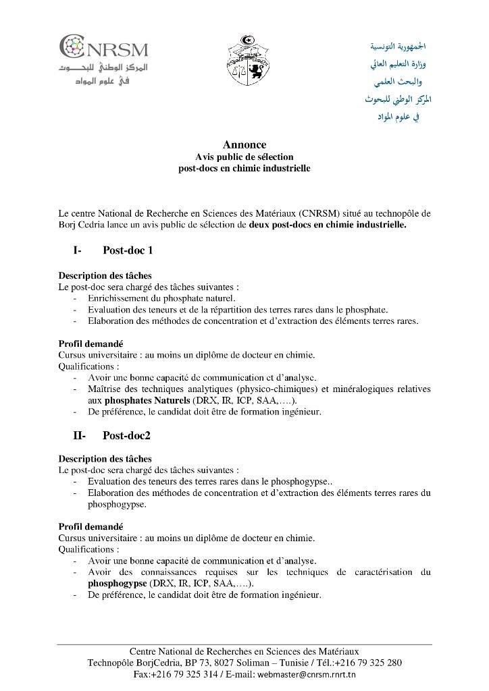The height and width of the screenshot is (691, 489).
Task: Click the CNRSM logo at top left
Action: [x=103, y=59]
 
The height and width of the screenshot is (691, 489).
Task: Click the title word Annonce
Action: [x=244, y=144]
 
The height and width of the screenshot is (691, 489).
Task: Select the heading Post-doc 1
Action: [x=128, y=250]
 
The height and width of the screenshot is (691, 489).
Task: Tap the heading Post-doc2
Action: [x=126, y=435]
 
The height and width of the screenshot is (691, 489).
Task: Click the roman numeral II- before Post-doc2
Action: [x=80, y=435]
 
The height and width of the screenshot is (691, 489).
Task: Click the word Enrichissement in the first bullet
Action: [x=122, y=298]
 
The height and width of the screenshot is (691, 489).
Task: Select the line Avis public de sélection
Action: [x=244, y=157]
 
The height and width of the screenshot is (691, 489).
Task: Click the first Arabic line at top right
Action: [x=398, y=47]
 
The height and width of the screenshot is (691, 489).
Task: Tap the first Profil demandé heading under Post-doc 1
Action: [x=91, y=343]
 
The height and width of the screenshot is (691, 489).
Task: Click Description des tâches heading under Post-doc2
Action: [x=105, y=459]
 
